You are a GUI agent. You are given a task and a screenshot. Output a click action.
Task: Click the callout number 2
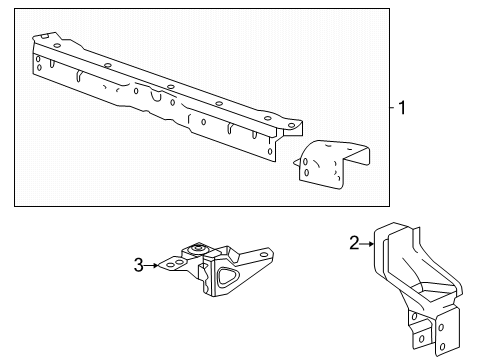coord(354,242)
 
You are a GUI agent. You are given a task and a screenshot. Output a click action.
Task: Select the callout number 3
coord(139,265)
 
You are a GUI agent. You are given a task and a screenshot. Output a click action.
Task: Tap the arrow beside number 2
coord(367,242)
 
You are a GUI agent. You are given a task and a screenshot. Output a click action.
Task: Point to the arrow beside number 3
coord(153,265)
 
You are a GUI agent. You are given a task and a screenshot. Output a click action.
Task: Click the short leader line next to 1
coord(393,109)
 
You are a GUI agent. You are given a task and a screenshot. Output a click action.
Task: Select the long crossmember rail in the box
coord(160,95)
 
